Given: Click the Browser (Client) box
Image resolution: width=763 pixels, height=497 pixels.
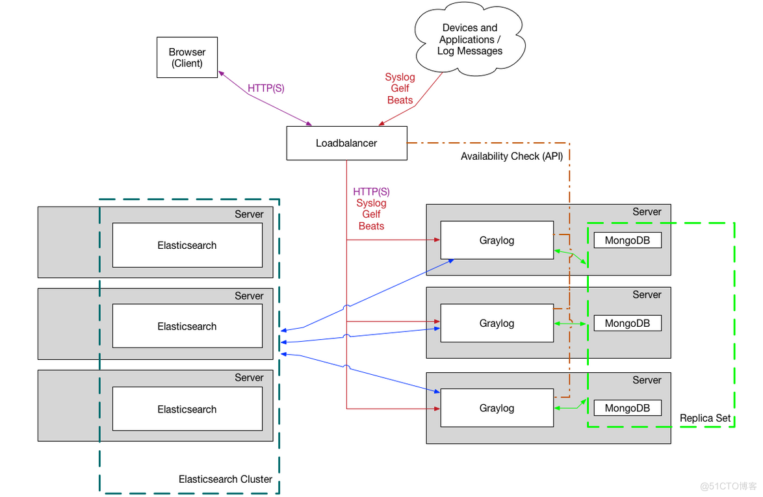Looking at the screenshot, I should [x=187, y=58].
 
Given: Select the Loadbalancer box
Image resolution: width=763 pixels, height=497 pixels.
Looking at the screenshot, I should [x=346, y=143].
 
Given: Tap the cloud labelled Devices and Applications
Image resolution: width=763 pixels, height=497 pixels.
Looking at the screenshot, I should [x=469, y=40].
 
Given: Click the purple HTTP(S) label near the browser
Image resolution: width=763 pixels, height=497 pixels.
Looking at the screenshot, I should [x=266, y=88].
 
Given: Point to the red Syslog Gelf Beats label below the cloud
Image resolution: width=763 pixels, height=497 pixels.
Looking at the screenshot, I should [x=400, y=88].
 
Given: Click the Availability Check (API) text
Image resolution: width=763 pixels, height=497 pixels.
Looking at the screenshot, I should [x=511, y=157].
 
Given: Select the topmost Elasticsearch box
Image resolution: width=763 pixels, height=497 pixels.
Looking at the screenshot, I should [x=187, y=245].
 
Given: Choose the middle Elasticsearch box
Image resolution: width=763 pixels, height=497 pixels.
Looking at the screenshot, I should [x=187, y=326].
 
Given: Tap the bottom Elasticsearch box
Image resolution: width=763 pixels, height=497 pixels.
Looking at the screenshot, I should [x=187, y=409].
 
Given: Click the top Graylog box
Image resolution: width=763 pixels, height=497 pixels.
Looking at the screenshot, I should [x=497, y=240].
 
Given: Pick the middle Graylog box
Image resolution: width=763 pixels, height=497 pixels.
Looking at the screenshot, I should [x=497, y=323].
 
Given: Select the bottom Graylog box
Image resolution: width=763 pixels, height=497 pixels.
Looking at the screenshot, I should [x=497, y=408].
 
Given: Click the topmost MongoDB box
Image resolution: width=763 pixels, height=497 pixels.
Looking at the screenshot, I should [x=627, y=240].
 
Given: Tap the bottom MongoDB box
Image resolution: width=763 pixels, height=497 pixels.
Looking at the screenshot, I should [x=627, y=408].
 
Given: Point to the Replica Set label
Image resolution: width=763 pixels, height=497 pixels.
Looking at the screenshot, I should [x=705, y=418].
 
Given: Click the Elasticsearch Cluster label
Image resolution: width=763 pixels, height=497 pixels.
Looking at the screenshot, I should [x=226, y=479].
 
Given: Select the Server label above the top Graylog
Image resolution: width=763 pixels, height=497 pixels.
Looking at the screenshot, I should [x=647, y=212].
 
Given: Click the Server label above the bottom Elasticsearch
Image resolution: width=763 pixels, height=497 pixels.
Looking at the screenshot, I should [x=249, y=377].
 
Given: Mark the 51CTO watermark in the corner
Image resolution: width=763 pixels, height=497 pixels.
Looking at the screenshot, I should [x=728, y=486].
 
